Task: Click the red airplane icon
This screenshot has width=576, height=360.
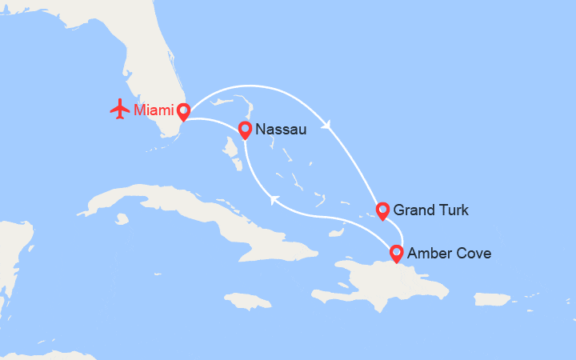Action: [x=120, y=109]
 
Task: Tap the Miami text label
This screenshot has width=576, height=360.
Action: [x=154, y=110]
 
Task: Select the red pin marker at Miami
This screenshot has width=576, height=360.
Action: [x=183, y=111]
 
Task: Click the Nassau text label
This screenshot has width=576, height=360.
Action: [x=282, y=130]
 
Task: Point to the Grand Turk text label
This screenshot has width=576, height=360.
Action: [x=431, y=210]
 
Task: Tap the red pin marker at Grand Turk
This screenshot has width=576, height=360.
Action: [x=383, y=210]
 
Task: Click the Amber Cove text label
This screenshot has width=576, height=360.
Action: [x=450, y=254]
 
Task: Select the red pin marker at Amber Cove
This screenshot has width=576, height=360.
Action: [x=396, y=253]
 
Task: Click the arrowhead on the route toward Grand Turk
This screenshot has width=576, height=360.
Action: [x=326, y=124]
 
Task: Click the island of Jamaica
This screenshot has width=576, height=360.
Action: [x=249, y=301]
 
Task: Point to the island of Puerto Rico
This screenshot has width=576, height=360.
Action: [x=492, y=298]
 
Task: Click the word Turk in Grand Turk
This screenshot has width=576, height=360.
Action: [x=454, y=210]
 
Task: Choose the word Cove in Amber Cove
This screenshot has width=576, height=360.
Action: [x=474, y=254]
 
